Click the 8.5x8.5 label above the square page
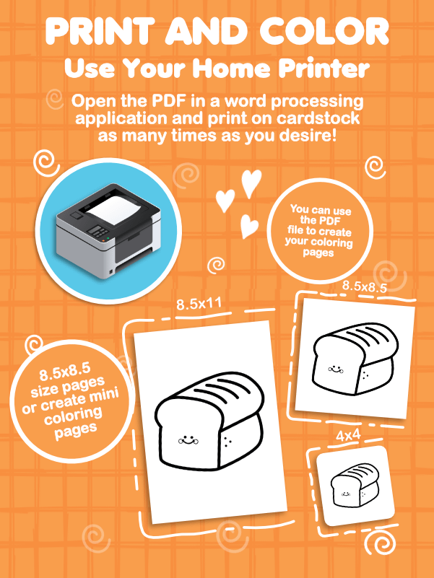[x=364, y=286]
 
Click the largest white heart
[x=251, y=183]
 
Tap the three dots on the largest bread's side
[x=228, y=441]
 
